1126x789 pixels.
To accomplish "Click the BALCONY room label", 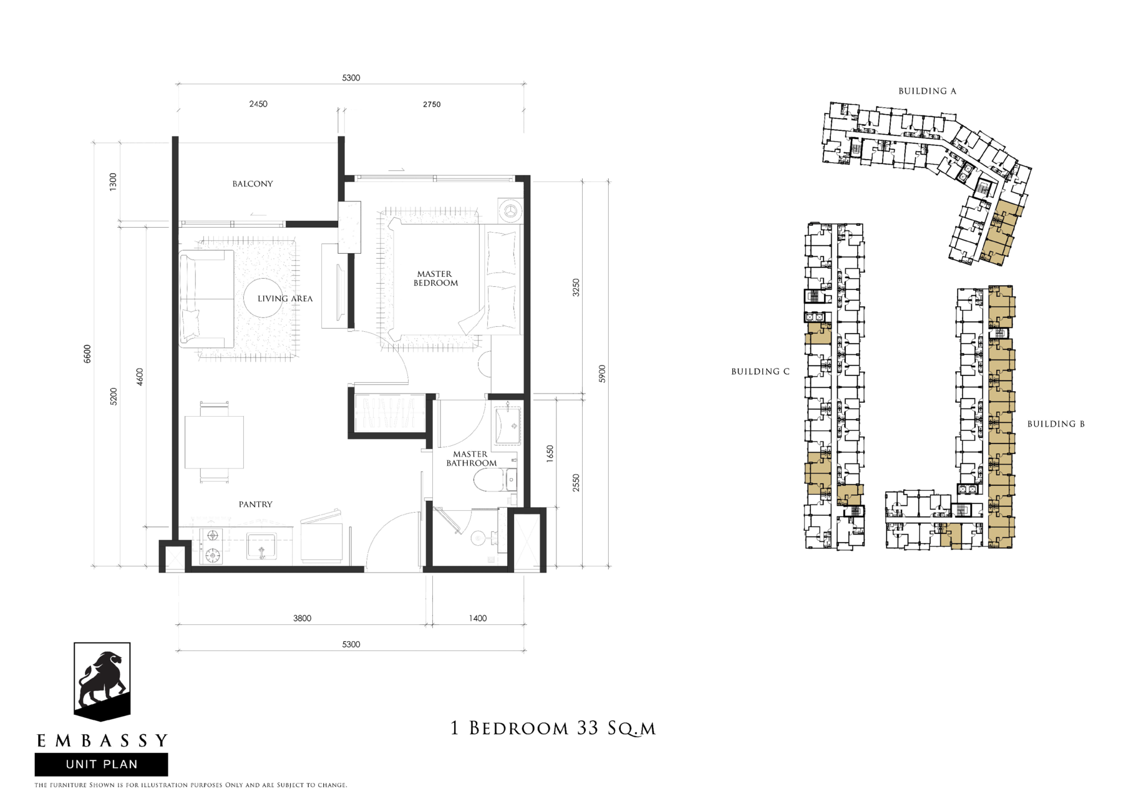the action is (x=253, y=184).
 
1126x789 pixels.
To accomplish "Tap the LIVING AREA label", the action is (x=285, y=299).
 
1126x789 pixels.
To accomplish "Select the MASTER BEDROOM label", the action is (x=435, y=278).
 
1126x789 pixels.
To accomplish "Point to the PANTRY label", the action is (x=256, y=505).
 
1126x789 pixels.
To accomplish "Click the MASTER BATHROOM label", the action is (x=471, y=458).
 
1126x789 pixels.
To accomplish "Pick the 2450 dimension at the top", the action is (x=258, y=104).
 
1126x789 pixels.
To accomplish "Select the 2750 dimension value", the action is (x=432, y=105).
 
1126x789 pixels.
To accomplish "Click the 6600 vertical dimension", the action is (x=87, y=354).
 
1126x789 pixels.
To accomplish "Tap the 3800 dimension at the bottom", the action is (x=302, y=619).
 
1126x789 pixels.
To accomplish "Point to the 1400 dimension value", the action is (x=478, y=619).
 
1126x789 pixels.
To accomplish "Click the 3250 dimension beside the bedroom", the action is (x=576, y=288).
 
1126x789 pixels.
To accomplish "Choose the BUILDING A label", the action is (x=927, y=91).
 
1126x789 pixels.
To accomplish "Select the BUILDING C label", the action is (x=760, y=372).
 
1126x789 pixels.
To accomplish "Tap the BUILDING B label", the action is (x=1056, y=424).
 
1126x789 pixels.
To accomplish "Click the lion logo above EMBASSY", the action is (x=102, y=681).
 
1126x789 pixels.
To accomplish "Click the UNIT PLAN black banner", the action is (x=101, y=765).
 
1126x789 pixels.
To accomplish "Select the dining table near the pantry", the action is (x=214, y=442).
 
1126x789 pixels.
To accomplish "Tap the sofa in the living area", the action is (x=206, y=299).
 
